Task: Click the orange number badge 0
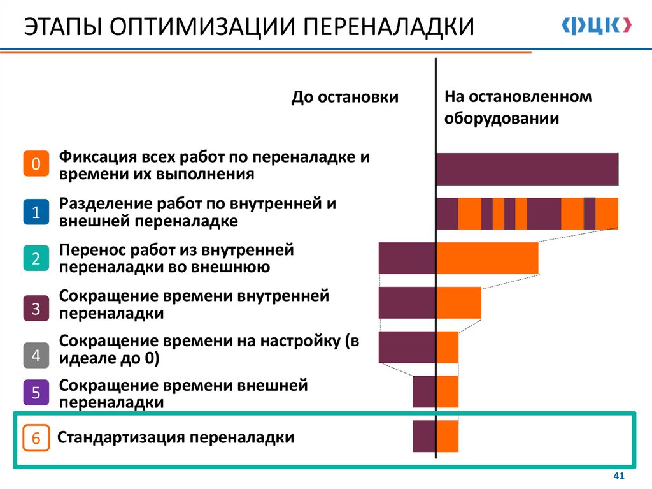[36, 164]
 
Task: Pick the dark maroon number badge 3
[36, 309]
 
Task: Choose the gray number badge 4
[36, 355]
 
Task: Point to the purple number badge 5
[36, 393]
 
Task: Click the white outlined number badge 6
[36, 438]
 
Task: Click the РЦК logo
[597, 26]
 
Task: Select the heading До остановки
[344, 98]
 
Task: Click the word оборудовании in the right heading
[502, 119]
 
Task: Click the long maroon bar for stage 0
[527, 169]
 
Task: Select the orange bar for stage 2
[487, 258]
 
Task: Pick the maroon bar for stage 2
[407, 258]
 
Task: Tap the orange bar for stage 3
[458, 302]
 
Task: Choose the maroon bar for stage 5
[423, 391]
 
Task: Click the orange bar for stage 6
[448, 436]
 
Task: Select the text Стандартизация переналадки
[176, 438]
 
